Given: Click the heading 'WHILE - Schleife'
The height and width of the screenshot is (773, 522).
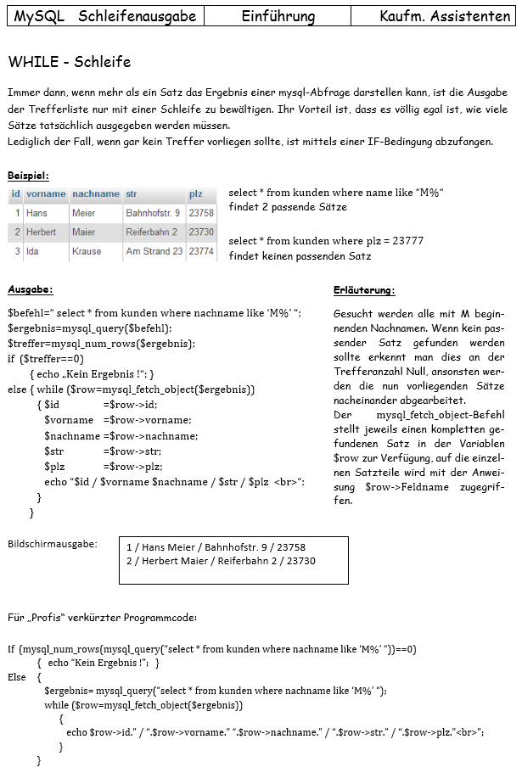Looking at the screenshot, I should click(70, 62).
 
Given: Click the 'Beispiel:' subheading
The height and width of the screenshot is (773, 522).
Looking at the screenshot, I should click(28, 176).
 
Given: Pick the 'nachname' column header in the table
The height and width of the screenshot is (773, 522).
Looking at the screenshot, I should click(95, 193).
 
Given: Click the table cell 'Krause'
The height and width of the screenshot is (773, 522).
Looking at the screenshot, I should click(87, 251).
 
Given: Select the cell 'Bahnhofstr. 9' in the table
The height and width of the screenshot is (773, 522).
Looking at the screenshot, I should click(153, 213).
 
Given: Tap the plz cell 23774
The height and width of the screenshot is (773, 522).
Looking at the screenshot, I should click(201, 251).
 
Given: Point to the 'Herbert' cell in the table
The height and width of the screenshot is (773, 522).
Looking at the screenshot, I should click(41, 232).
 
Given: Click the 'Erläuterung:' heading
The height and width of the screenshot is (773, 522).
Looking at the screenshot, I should click(364, 290).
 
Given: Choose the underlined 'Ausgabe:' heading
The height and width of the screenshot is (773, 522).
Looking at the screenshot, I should click(31, 290).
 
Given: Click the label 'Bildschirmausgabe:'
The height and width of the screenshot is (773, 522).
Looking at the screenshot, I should click(52, 543).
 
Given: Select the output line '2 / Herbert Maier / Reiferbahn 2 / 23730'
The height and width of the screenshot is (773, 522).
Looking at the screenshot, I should click(221, 561).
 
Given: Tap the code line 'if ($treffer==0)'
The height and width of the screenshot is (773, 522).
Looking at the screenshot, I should click(46, 358).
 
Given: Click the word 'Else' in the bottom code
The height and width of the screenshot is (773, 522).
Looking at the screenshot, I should click(17, 677).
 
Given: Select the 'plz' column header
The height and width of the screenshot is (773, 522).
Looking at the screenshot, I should click(196, 193).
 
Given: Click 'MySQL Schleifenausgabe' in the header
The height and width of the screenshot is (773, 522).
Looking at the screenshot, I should click(105, 16).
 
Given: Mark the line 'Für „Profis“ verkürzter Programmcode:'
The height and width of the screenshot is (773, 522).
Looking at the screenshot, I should click(102, 617).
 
